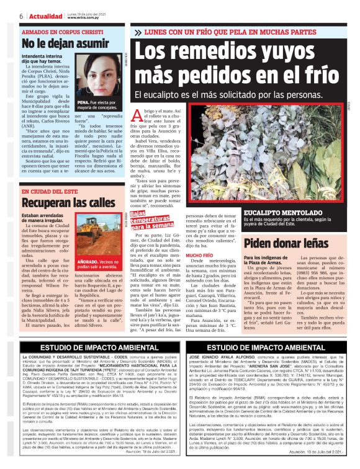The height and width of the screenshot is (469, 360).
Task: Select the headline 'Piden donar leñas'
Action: click(x=282, y=242)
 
